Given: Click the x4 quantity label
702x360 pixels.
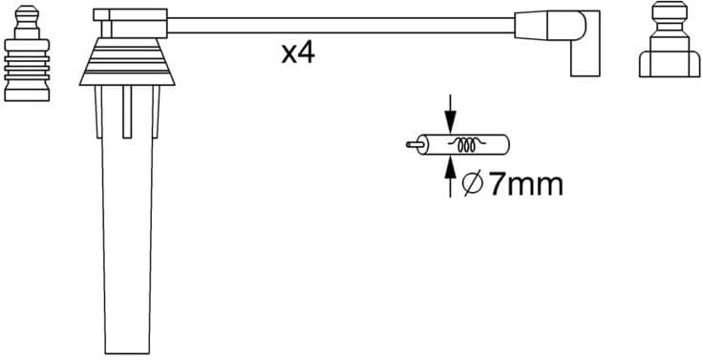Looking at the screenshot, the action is tap(298, 53).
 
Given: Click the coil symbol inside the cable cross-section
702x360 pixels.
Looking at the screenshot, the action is tap(469, 146).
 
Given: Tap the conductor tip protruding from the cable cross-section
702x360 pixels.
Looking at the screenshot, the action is tap(411, 146).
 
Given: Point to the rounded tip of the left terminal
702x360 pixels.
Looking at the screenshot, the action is tap(26, 13).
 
